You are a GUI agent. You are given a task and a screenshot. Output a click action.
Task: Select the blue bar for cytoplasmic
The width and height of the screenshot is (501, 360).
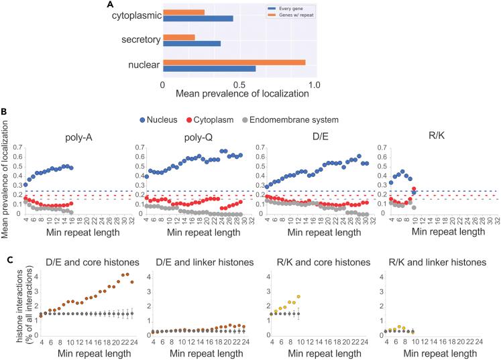coord(198,19)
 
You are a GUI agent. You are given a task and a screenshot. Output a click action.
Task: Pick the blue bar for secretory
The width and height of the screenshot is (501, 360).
coord(191,44)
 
